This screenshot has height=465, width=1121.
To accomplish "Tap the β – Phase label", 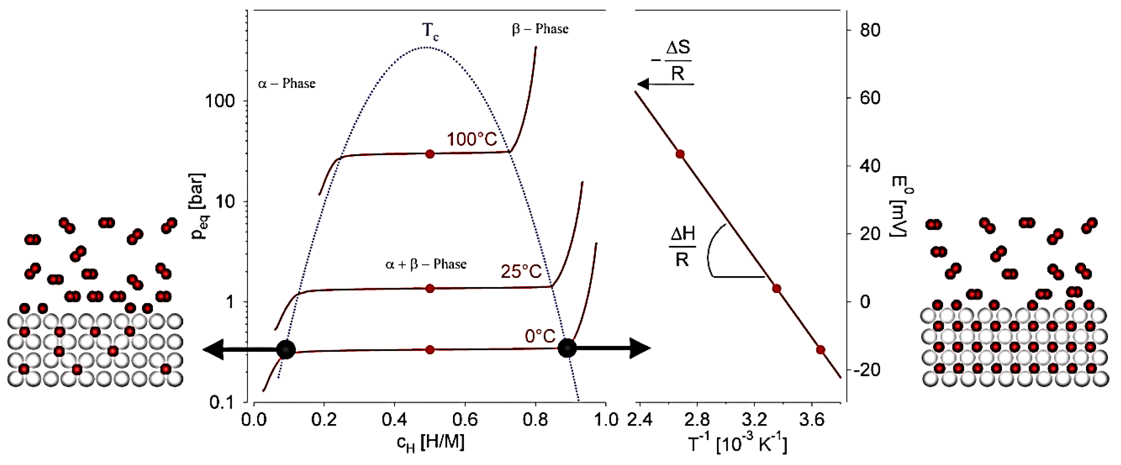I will tap(540, 29).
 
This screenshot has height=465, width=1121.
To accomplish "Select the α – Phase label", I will tap(286, 84).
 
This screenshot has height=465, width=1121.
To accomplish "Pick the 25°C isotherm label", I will tap(521, 272).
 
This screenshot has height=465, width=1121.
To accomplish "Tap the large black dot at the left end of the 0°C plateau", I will tap(285, 349).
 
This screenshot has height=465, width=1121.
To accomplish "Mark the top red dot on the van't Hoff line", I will tap(680, 154).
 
